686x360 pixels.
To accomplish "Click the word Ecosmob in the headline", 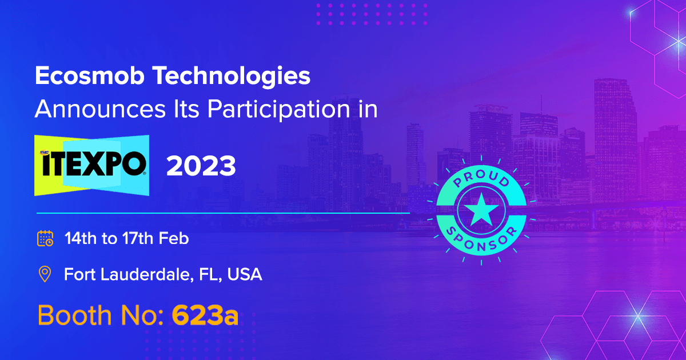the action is tap(89, 75).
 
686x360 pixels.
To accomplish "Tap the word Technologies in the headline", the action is tap(232, 76).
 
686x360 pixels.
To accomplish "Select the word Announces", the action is tap(100, 109).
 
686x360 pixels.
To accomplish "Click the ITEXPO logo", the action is tap(92, 165).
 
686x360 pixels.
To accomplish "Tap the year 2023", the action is tap(201, 166).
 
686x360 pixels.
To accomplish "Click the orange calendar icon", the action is tap(45, 238).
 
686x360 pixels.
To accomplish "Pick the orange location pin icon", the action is tap(45, 274).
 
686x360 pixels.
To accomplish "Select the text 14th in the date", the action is tap(81, 238).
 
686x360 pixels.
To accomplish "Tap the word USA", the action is tap(245, 274).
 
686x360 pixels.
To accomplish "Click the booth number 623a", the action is tap(205, 315).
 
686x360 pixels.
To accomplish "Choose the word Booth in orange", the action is tap(74, 315).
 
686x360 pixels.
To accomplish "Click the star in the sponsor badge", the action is tap(481, 210).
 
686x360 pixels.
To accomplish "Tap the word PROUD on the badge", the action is tap(481, 178).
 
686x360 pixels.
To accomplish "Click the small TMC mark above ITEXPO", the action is tap(45, 153).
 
